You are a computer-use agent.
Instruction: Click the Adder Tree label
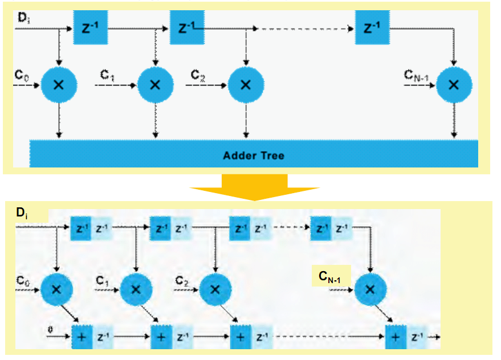[253, 156]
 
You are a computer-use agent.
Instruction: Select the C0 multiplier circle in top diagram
[58, 85]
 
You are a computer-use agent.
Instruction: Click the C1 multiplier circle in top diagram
[154, 85]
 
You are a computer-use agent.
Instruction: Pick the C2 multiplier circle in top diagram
[246, 85]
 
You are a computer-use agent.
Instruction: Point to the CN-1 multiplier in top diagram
[454, 85]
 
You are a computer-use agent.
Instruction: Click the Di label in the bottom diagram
[22, 214]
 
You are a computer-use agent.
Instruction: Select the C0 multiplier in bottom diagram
[56, 289]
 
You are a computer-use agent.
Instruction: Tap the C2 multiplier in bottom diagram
[214, 289]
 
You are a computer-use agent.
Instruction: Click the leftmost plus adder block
[81, 337]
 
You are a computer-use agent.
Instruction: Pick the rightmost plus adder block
[395, 337]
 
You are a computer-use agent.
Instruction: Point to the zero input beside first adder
[51, 329]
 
